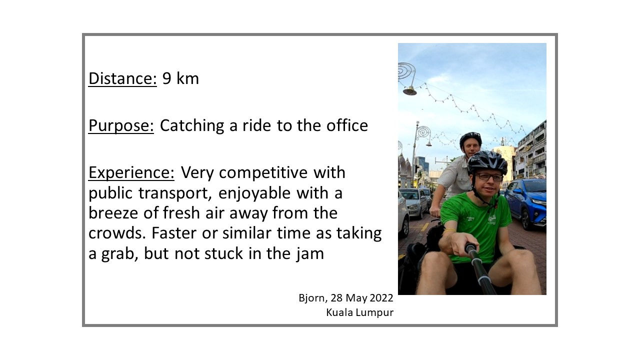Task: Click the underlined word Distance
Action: click(122, 78)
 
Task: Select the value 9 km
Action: click(180, 78)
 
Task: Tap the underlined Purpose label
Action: click(121, 125)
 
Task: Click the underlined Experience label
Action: click(131, 173)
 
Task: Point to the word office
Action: click(347, 125)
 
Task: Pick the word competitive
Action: click(263, 173)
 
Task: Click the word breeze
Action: click(113, 213)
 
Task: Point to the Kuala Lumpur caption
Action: click(359, 312)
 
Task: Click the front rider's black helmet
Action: click(487, 162)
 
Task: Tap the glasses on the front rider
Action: click(489, 177)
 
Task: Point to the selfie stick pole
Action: click(480, 268)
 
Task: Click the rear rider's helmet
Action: click(470, 139)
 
